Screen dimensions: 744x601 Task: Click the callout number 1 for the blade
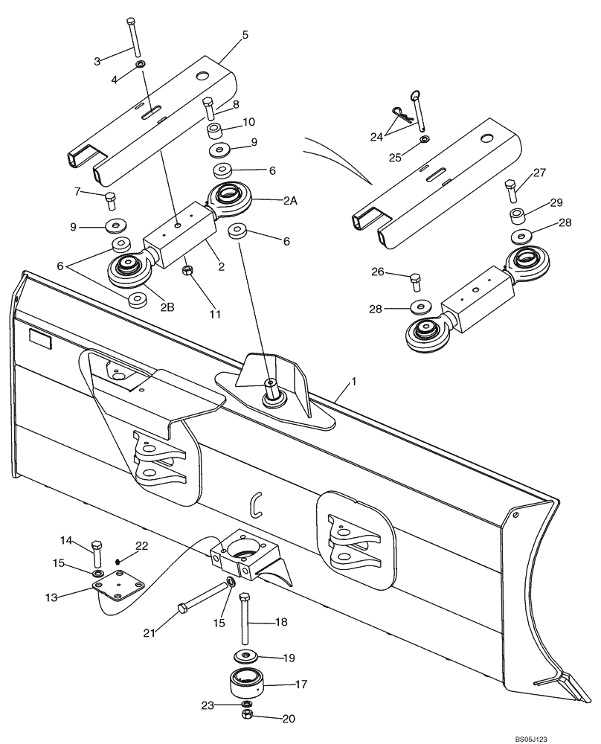[x=354, y=382]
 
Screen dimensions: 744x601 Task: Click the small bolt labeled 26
[x=415, y=282]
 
